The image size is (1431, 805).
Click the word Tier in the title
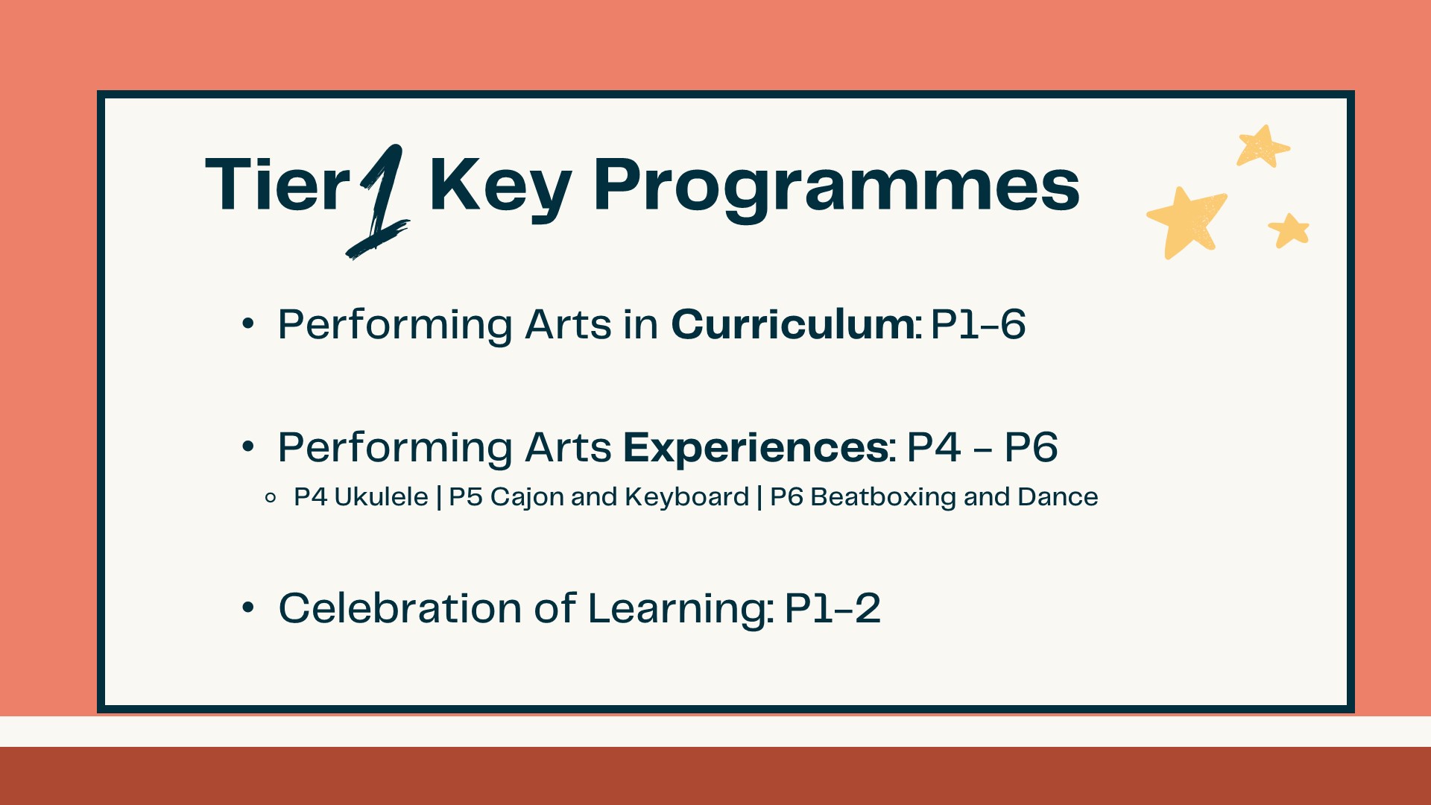[277, 184]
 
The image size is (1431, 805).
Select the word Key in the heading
[500, 189]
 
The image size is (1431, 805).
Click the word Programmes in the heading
[836, 189]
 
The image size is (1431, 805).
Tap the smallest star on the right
[1289, 230]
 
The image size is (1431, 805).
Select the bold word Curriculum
[794, 324]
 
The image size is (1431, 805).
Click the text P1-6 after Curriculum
[978, 324]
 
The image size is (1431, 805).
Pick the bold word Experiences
[756, 448]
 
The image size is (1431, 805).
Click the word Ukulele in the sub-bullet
[381, 496]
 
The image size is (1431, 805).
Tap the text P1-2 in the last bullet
[833, 608]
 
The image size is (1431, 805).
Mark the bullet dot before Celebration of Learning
[248, 607]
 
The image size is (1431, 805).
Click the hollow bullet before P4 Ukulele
[271, 497]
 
